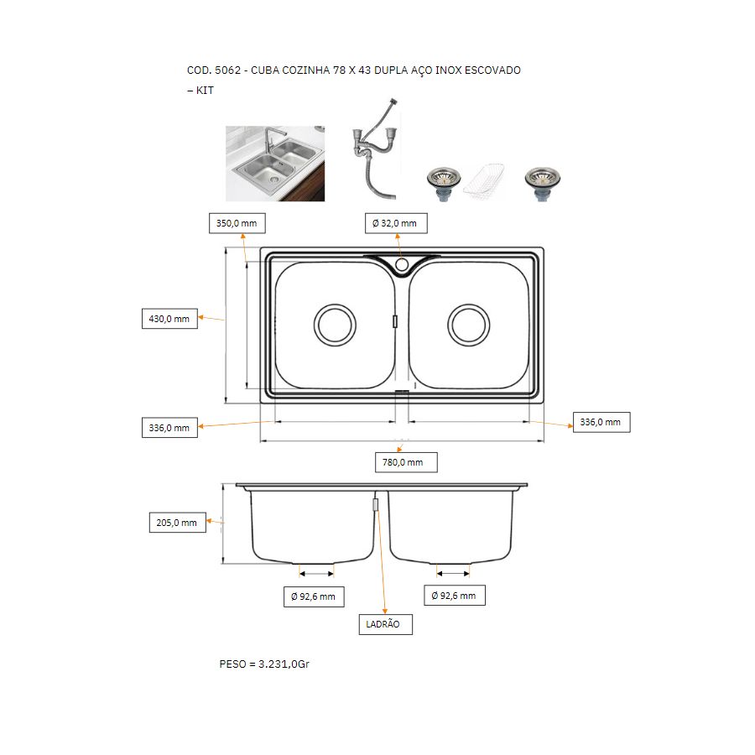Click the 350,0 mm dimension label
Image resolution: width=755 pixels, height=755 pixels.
[237, 223]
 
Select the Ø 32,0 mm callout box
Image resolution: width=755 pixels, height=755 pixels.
[396, 223]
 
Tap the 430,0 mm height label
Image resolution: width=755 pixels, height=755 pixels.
[169, 319]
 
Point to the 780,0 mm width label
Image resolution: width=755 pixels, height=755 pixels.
[406, 462]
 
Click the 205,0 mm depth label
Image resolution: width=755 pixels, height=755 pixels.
[177, 523]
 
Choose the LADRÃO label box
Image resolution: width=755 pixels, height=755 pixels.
[385, 624]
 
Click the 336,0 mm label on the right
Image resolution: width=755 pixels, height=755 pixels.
[601, 422]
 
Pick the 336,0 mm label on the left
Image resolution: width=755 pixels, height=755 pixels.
[169, 428]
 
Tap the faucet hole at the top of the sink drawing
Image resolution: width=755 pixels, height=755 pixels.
[402, 264]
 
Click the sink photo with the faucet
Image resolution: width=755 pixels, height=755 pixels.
[275, 164]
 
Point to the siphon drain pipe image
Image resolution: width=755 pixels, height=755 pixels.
[376, 148]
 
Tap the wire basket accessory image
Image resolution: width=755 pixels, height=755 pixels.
[484, 180]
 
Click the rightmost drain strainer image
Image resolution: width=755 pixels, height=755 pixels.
[542, 184]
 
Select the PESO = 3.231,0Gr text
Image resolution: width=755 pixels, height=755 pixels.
[264, 664]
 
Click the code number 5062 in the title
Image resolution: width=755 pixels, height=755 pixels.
[227, 70]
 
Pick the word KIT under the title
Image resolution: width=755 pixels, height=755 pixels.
[205, 91]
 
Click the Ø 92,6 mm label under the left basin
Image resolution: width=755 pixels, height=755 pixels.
[314, 596]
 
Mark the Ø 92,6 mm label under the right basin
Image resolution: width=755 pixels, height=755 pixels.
[454, 596]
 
